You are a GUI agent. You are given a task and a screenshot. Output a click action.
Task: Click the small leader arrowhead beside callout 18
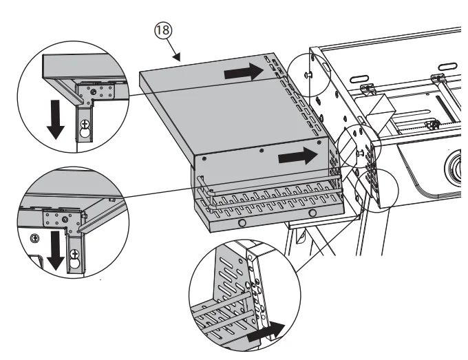tap(180, 60)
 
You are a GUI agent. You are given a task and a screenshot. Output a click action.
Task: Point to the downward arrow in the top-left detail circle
tap(58, 120)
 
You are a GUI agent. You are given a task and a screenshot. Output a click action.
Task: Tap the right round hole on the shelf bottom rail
tap(313, 214)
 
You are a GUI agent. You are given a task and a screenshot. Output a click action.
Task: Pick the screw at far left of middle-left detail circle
tap(33, 238)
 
